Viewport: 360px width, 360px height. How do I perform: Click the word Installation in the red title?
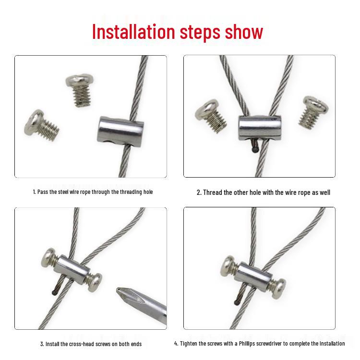133,32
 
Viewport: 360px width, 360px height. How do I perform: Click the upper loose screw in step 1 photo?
80,90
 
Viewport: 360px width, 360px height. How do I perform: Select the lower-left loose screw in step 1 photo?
41,124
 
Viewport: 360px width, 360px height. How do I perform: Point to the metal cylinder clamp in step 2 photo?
260,128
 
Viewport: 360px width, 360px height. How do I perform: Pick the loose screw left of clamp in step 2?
211,116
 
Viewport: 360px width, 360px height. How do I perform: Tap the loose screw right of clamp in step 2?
313,111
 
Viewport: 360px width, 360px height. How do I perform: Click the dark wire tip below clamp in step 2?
254,149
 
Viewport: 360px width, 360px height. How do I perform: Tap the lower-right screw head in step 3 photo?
95,282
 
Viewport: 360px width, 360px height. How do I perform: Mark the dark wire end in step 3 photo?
54,292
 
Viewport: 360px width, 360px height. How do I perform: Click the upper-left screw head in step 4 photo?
228,266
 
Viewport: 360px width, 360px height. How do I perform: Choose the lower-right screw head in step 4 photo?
279,288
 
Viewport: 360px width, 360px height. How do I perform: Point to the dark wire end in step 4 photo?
236,302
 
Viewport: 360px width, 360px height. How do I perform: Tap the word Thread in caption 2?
212,192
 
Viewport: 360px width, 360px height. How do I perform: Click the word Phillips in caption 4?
247,344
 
